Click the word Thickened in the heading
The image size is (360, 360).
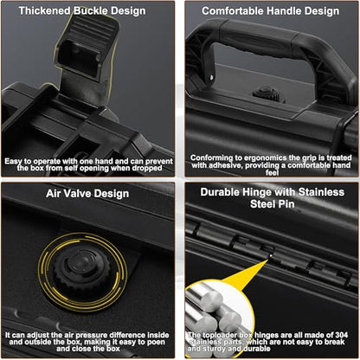[44, 11]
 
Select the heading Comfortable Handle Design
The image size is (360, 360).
[271, 11]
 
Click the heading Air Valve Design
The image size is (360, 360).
[87, 193]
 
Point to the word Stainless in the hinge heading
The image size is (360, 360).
[321, 192]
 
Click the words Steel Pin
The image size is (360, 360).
[273, 204]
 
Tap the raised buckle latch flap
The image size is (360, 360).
[86, 46]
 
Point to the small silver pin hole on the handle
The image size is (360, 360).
[211, 77]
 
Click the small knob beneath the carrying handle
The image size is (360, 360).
[267, 93]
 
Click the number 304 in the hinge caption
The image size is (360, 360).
[342, 335]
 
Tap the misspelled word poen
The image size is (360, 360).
[156, 342]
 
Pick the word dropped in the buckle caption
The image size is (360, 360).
[147, 168]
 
